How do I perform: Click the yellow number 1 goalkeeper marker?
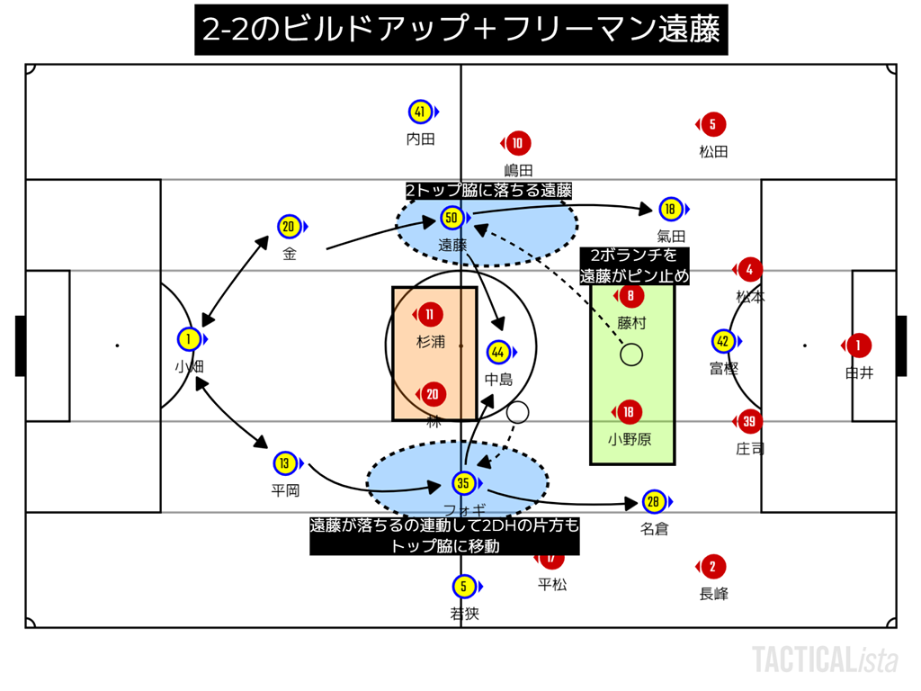coord(189,339)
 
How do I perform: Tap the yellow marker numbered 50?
coord(452,218)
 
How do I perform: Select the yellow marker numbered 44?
coord(498,352)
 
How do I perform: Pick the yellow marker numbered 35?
coord(463,483)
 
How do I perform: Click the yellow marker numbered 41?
coord(420,112)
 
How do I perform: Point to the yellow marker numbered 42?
coord(722,341)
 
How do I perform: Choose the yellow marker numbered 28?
coord(654,501)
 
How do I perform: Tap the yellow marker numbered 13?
coord(285,463)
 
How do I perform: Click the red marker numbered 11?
coord(431,315)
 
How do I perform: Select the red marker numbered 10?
coord(517,143)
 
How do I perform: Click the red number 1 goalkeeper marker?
coord(858,345)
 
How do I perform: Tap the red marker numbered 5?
coord(712,125)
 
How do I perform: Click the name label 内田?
coord(420,139)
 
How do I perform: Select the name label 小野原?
coord(630,440)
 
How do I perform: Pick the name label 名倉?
coord(654,529)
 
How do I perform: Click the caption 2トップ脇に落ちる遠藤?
coord(488,191)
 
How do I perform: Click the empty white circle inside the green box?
coord(631,354)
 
